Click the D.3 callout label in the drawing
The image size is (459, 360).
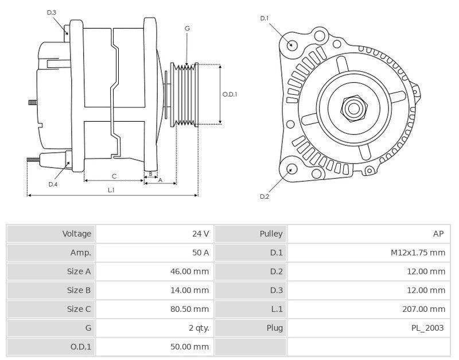[x=52, y=12]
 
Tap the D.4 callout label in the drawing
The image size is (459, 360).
[x=53, y=184]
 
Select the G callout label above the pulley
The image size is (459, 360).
[x=187, y=28]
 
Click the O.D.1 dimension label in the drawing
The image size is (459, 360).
[x=229, y=95]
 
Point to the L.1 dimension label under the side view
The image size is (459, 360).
[x=111, y=189]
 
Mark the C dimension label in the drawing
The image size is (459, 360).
[x=114, y=176]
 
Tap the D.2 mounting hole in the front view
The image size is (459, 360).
[x=291, y=169]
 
